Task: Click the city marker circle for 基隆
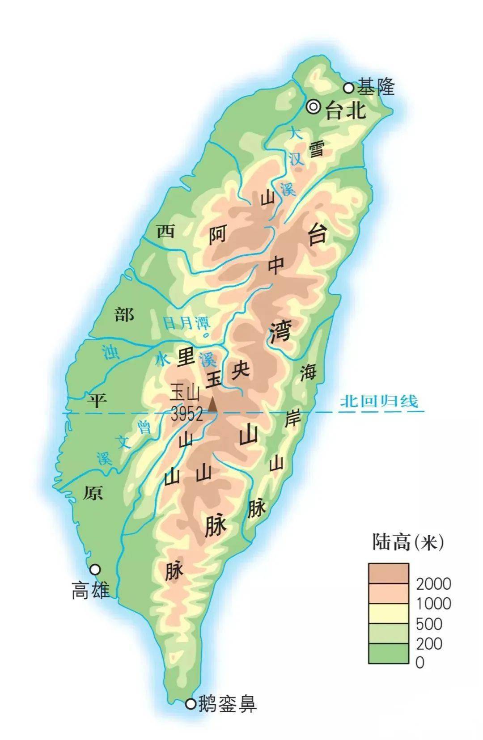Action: click(x=348, y=88)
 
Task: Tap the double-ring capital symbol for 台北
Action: click(x=314, y=106)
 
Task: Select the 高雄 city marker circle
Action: click(x=95, y=569)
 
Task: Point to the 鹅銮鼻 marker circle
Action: click(x=191, y=704)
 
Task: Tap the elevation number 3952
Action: click(x=186, y=414)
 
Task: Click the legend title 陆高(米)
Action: click(x=408, y=543)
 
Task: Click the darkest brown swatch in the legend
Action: click(x=388, y=573)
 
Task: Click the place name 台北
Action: click(x=346, y=110)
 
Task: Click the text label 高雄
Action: click(x=91, y=591)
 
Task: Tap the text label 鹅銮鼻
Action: click(x=228, y=704)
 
